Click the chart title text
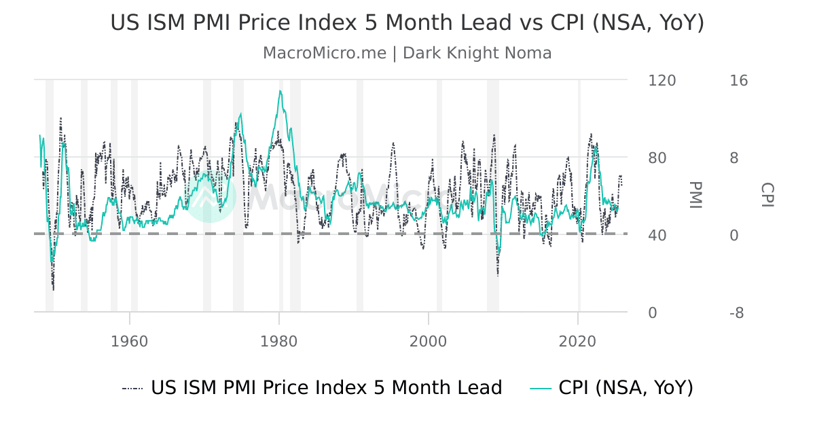point(407,22)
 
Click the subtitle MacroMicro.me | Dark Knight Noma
point(407,53)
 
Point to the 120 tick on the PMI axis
point(662,81)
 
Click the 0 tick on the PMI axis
point(653,313)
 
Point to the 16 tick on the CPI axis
point(738,81)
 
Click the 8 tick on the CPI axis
point(734,158)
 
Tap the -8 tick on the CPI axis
point(736,313)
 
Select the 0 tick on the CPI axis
point(734,236)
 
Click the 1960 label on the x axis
point(129,340)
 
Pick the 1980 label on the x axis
point(278,340)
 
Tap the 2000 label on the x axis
point(428,340)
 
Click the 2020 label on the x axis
point(577,340)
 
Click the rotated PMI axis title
point(695,195)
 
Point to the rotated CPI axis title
point(767,195)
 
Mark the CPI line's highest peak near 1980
point(280,91)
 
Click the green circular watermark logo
point(210,197)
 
